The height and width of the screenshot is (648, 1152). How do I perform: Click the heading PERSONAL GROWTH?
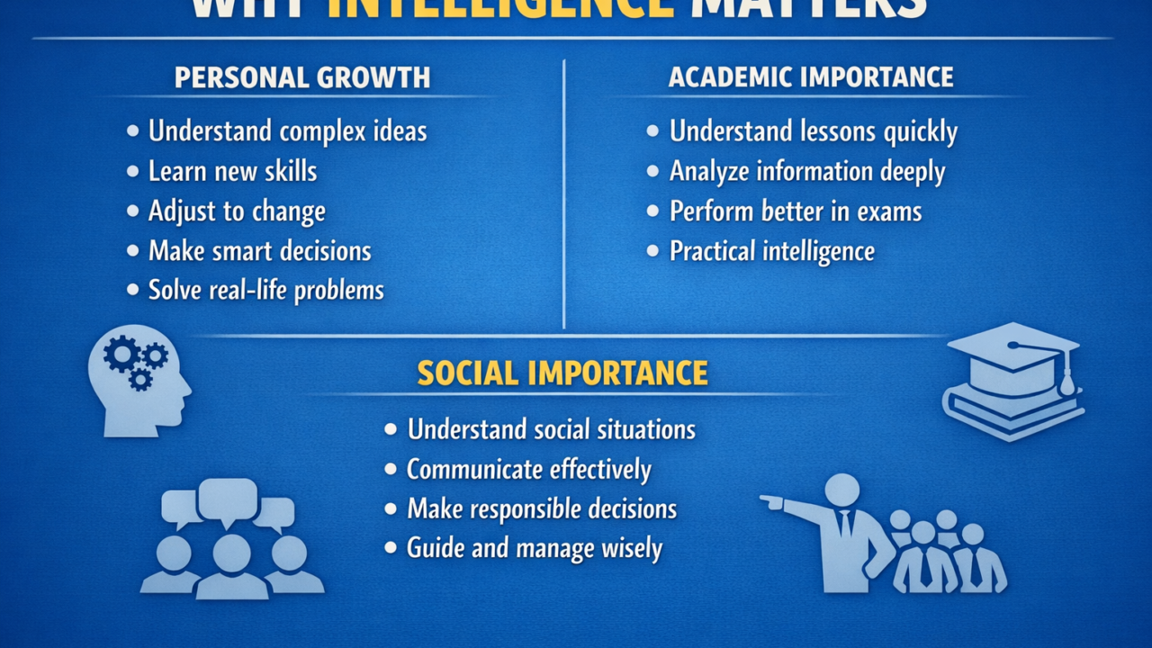coord(302,77)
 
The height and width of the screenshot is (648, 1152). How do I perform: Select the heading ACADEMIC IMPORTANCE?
coord(811,77)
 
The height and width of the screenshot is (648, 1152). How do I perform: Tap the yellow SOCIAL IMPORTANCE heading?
coord(562,373)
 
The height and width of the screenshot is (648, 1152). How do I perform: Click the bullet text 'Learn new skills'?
coord(232,171)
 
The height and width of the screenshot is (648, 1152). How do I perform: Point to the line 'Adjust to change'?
coord(237,211)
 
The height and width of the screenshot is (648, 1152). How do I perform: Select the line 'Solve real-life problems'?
coord(265,290)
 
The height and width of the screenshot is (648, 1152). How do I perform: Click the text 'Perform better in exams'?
coord(796,211)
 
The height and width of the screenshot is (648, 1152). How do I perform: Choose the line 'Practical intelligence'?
coord(771,251)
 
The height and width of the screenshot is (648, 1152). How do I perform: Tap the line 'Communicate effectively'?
coord(528,469)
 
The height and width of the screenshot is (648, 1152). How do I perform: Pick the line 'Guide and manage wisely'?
coord(534,548)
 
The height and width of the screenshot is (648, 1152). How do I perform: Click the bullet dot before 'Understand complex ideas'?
coord(133,131)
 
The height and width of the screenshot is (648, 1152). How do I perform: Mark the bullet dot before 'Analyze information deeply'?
coord(653,171)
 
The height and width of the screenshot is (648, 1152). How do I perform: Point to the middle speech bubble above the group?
coord(228,500)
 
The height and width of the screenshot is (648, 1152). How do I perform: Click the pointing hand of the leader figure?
coord(771,500)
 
